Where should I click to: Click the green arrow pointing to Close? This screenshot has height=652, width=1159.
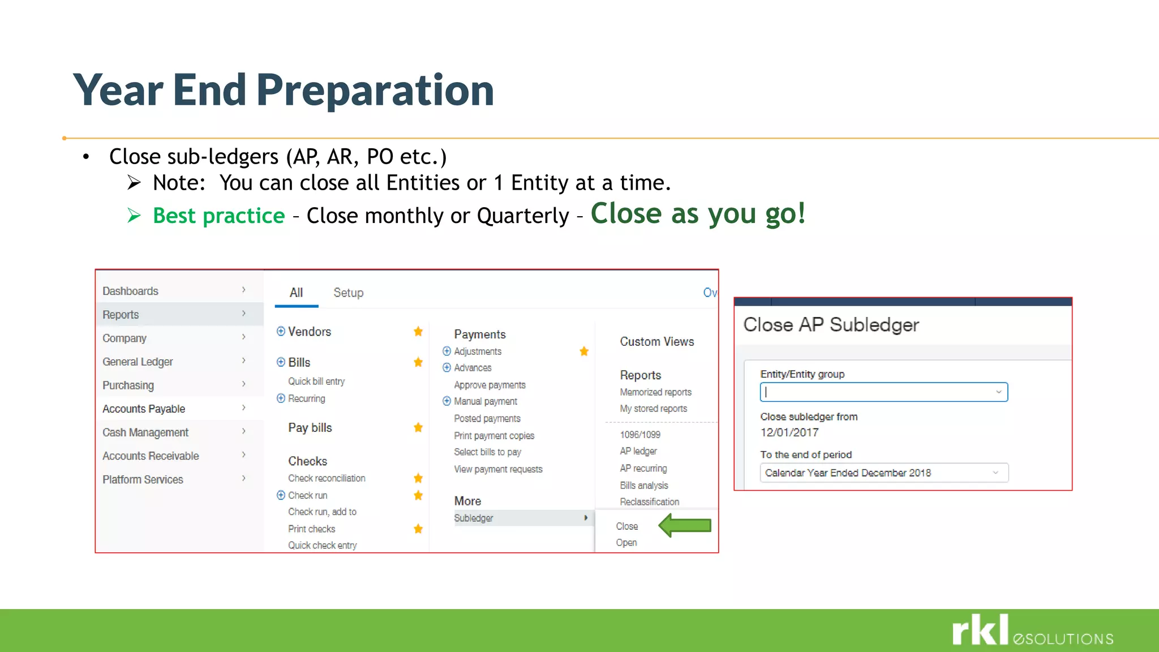click(x=685, y=525)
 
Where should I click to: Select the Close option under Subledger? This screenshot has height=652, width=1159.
click(x=626, y=526)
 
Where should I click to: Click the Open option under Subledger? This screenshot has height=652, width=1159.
click(x=626, y=543)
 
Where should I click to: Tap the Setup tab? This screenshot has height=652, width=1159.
click(x=348, y=293)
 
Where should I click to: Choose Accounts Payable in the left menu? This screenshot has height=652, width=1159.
click(x=144, y=409)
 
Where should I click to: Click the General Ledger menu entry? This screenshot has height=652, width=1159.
click(x=138, y=362)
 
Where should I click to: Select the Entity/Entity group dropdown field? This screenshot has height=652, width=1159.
click(x=883, y=392)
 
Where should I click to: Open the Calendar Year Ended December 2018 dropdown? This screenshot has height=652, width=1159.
click(x=883, y=473)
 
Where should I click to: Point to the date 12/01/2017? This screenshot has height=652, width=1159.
click(x=789, y=432)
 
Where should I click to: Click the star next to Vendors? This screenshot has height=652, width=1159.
click(x=418, y=332)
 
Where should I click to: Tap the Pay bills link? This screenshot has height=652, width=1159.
click(x=310, y=428)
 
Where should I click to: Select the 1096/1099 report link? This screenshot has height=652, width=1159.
click(x=639, y=435)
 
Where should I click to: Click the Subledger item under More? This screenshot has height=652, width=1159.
click(x=474, y=518)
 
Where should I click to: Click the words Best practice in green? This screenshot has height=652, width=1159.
click(x=218, y=216)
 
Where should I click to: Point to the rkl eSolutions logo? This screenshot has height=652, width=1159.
click(x=1032, y=630)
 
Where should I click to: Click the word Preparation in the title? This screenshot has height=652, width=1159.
click(x=375, y=90)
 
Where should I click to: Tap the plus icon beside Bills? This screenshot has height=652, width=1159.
click(x=281, y=362)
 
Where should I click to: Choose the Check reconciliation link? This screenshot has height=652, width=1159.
click(x=327, y=478)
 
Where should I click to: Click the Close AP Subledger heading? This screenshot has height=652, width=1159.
click(x=830, y=325)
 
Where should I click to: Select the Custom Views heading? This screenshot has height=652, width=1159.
click(x=656, y=342)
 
